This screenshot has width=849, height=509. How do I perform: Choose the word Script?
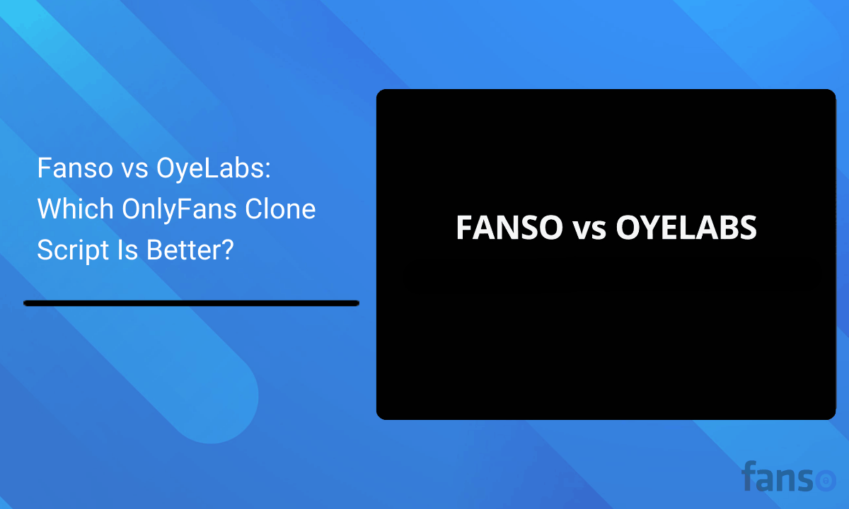pyautogui.click(x=69, y=250)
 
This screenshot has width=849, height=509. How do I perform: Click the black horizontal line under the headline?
pyautogui.click(x=191, y=303)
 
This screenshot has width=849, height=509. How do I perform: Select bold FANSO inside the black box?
pyautogui.click(x=509, y=228)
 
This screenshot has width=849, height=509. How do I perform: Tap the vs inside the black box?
pyautogui.click(x=589, y=230)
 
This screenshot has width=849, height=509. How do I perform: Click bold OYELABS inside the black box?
pyautogui.click(x=686, y=228)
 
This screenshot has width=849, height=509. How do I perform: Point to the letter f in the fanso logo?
pyautogui.click(x=750, y=476)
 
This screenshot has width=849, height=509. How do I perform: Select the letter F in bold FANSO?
pyautogui.click(x=464, y=228)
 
